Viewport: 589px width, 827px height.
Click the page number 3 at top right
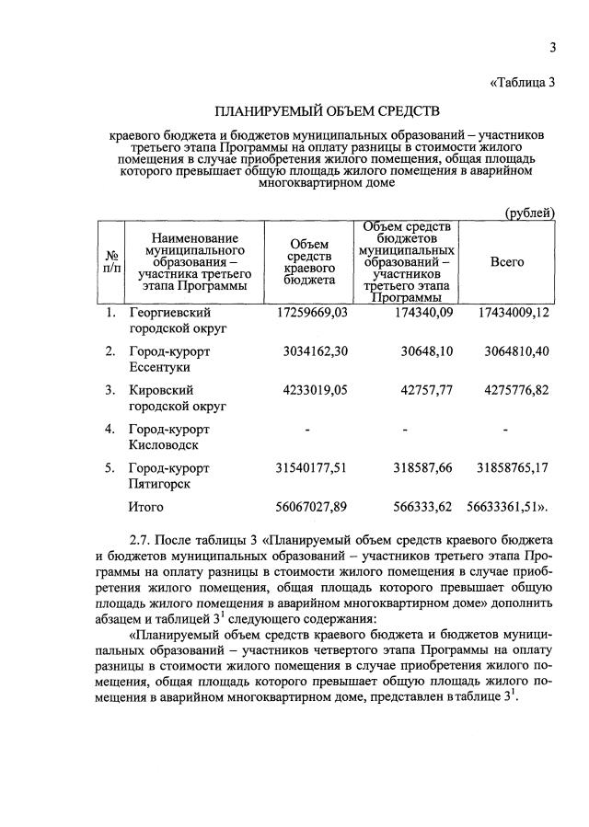[554, 48]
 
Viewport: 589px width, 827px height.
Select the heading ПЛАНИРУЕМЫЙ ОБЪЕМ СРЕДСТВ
[328, 112]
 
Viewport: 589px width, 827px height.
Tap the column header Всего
[507, 262]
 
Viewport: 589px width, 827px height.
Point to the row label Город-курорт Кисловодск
[168, 437]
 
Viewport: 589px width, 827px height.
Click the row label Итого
[146, 507]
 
